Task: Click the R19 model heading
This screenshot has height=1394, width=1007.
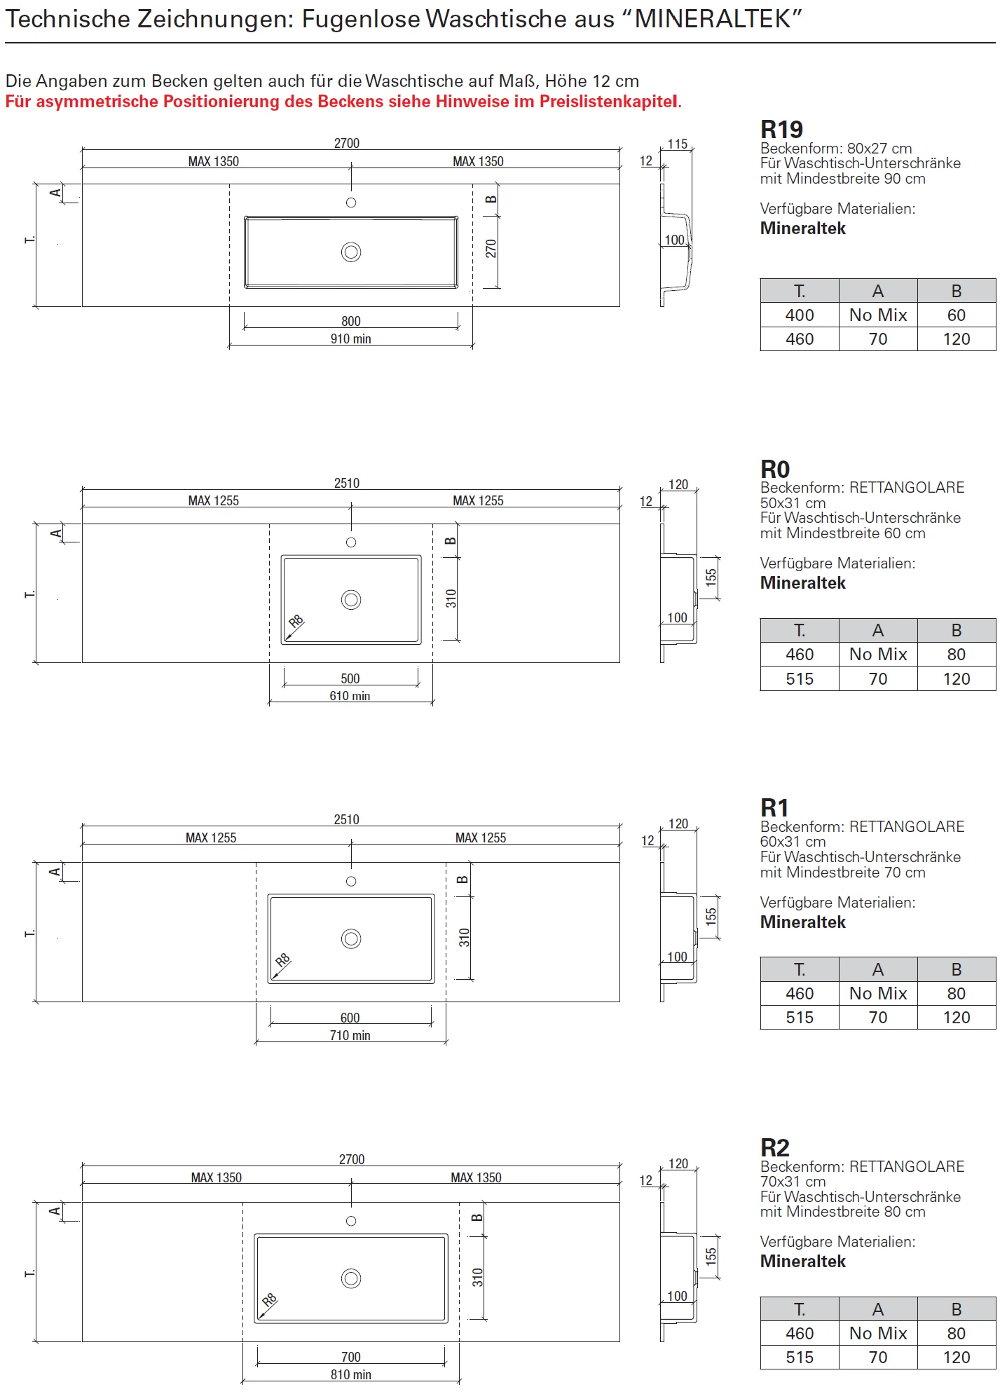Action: [781, 130]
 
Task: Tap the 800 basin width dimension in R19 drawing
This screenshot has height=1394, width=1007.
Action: [351, 321]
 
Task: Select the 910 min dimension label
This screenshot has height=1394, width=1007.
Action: [351, 339]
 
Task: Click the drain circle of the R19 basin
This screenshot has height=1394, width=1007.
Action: [351, 252]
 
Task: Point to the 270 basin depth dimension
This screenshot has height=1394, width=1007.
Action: [491, 249]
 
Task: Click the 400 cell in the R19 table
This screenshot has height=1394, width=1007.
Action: [800, 315]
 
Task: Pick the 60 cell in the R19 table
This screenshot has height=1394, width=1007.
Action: [957, 315]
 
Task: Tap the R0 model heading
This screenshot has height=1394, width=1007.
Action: [775, 469]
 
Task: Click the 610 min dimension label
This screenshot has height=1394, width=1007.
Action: [350, 696]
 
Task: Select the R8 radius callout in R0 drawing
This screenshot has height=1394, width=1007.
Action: [296, 621]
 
